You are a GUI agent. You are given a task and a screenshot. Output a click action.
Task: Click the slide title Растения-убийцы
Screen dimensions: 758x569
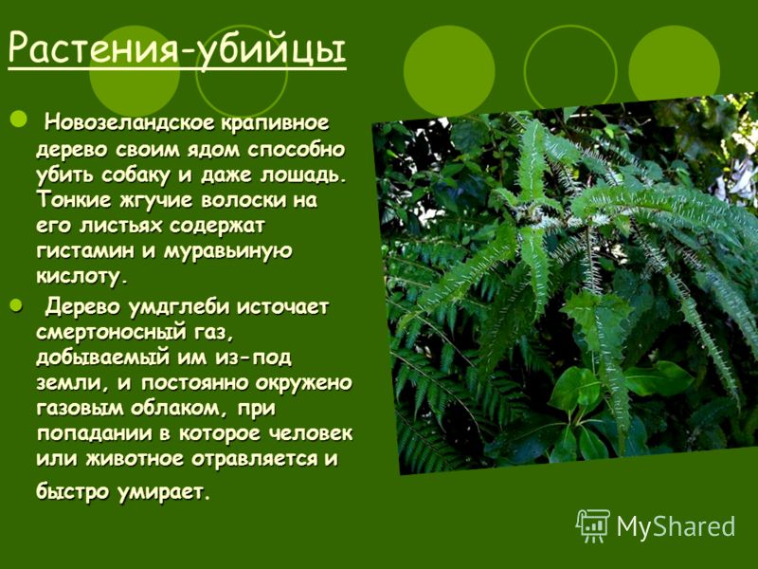point(177,49)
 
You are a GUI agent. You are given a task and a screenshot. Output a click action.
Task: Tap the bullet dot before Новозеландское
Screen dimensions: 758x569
point(19,119)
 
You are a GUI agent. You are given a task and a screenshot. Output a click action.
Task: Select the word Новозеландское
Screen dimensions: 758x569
point(130,123)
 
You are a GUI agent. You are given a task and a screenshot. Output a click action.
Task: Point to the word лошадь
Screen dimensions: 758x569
point(304,174)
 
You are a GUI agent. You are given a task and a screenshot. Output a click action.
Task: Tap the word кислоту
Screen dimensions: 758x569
point(82,276)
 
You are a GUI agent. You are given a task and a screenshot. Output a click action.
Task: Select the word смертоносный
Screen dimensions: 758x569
point(111,333)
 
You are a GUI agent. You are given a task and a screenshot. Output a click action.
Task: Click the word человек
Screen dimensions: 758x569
point(311,433)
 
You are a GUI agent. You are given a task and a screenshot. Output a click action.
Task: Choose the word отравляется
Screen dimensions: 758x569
point(253,459)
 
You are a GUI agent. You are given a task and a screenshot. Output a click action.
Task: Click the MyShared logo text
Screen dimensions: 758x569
point(676,526)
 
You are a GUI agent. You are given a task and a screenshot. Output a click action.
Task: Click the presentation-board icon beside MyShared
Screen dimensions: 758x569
point(593,524)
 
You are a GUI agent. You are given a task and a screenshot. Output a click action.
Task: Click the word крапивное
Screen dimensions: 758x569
point(275,123)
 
